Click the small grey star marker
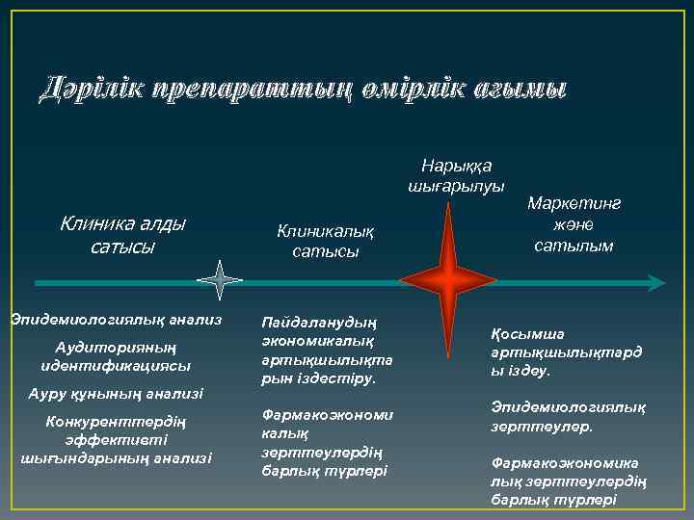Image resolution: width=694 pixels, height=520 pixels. [x=221, y=282]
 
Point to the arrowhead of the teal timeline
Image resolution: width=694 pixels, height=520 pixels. [x=656, y=282]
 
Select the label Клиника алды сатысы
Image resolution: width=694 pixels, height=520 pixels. [x=122, y=234]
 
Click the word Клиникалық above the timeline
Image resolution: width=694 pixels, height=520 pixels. [x=324, y=231]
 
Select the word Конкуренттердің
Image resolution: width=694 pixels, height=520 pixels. [x=116, y=422]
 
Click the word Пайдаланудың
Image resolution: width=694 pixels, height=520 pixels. [x=319, y=322]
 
